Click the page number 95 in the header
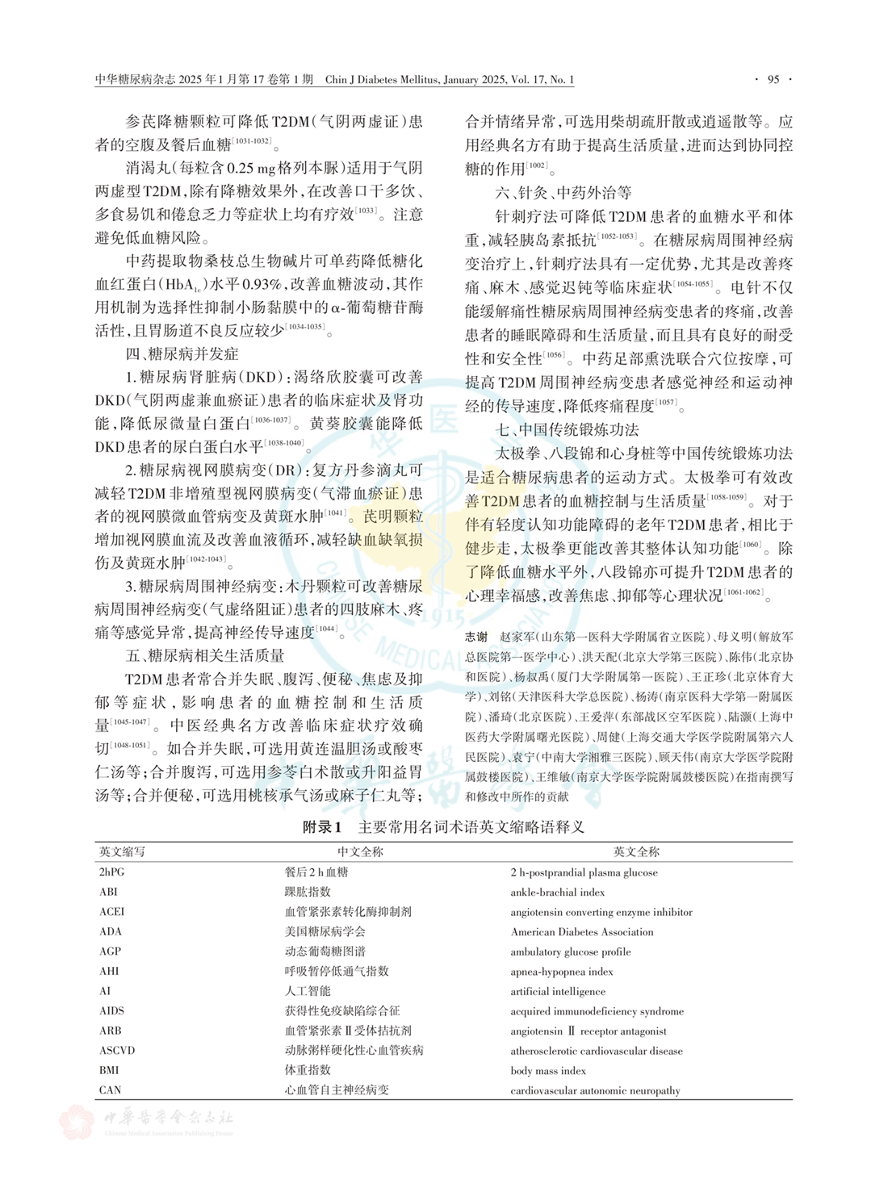[773, 79]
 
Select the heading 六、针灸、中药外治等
[563, 193]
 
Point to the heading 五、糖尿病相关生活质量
[204, 654]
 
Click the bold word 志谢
[476, 637]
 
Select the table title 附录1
[323, 826]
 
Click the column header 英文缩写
[123, 851]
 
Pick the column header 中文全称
[360, 851]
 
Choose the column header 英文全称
[636, 851]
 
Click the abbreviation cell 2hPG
[112, 872]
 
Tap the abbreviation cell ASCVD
[117, 1051]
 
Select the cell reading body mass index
[548, 1071]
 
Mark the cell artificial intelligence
[557, 991]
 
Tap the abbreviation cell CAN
[110, 1090]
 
